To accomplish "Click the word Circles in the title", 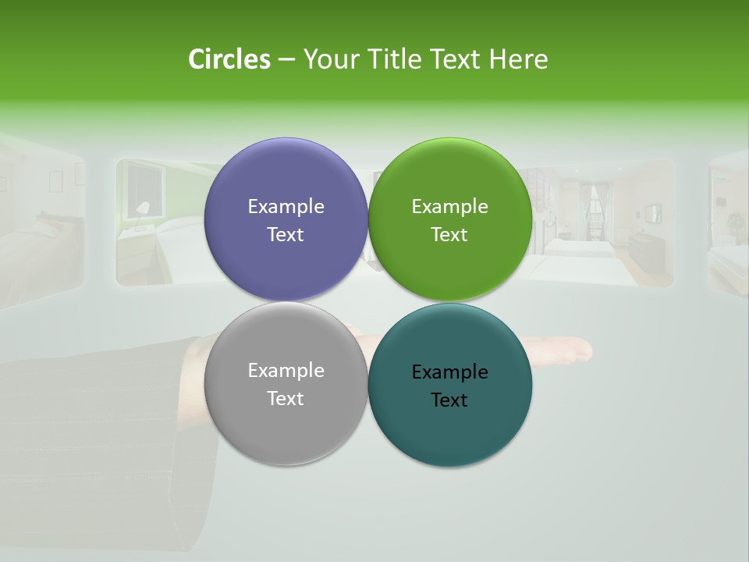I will [x=229, y=59].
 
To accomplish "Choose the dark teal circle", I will [x=450, y=429].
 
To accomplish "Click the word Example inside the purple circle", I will [x=286, y=207].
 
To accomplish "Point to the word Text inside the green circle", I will [x=449, y=235].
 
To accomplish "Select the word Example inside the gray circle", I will [x=286, y=371].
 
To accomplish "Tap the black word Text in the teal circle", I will [x=449, y=400].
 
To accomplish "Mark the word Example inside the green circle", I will [x=449, y=207].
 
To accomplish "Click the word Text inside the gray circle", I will [x=286, y=399].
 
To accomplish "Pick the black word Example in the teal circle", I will [x=449, y=372].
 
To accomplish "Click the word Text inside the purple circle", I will [x=286, y=235].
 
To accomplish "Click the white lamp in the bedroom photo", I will [x=143, y=209].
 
